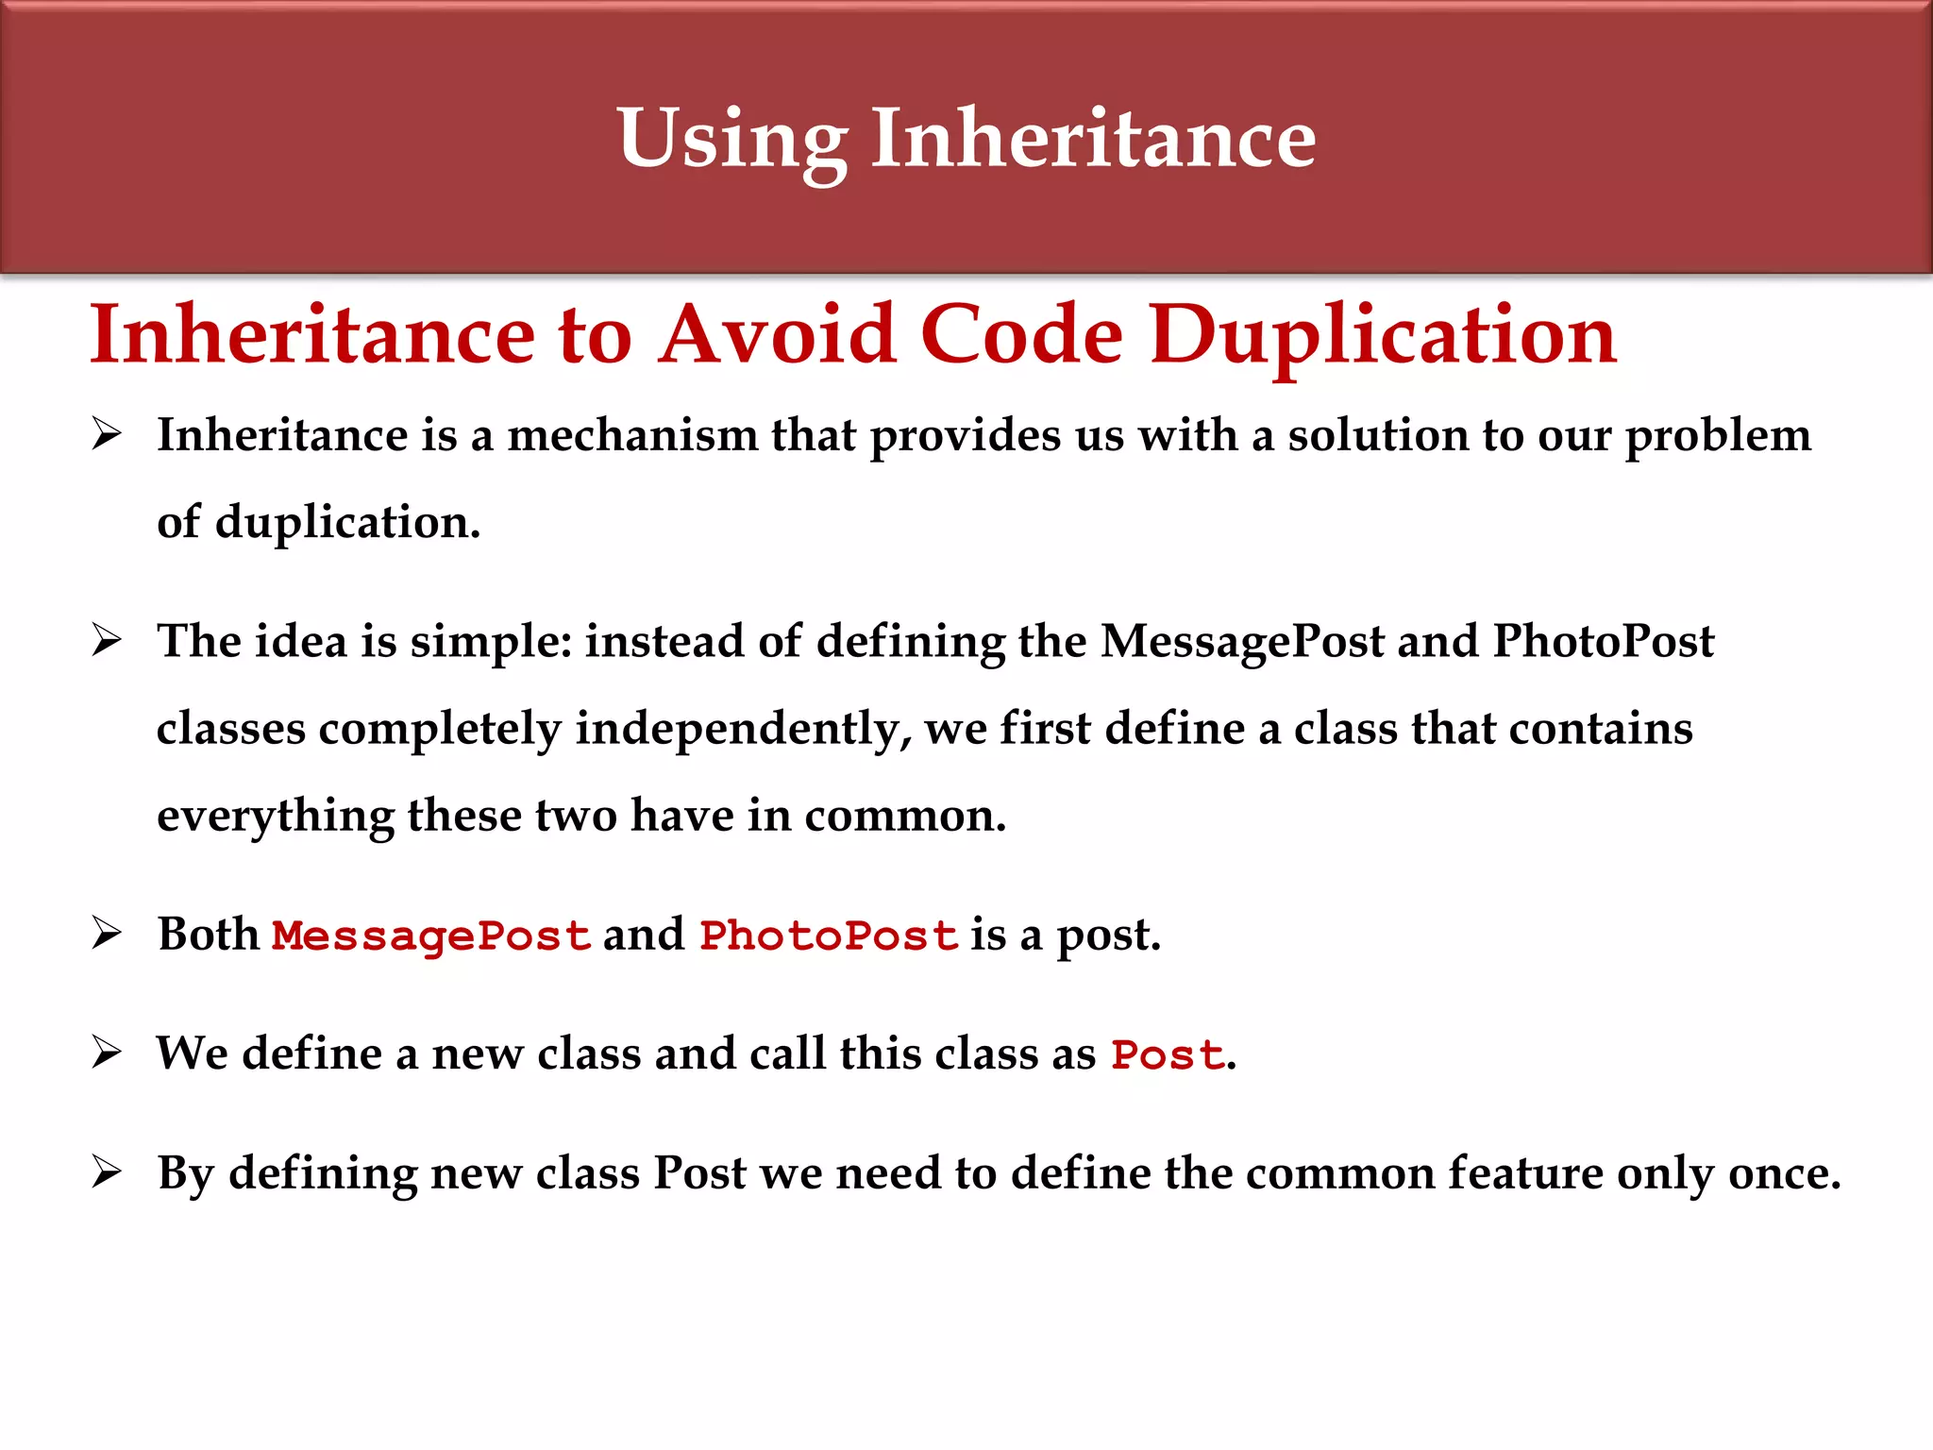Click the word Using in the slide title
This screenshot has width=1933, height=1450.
coord(731,140)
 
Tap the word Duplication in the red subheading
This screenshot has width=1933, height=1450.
coord(1383,336)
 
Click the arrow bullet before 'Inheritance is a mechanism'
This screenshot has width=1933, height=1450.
coord(107,435)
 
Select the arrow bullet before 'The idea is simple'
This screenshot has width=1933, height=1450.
coord(107,641)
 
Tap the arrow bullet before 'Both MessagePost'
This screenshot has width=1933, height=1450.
coord(107,934)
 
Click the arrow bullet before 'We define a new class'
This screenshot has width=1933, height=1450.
coord(107,1053)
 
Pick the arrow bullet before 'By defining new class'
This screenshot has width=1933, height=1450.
coord(107,1172)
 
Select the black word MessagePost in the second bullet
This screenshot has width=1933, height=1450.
coord(1242,642)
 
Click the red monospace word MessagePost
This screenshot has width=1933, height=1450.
coord(431,936)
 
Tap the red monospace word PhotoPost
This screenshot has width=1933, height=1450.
coord(829,936)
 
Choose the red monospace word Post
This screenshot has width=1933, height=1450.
coord(1168,1054)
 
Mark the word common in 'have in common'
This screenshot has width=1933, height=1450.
coord(904,816)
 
